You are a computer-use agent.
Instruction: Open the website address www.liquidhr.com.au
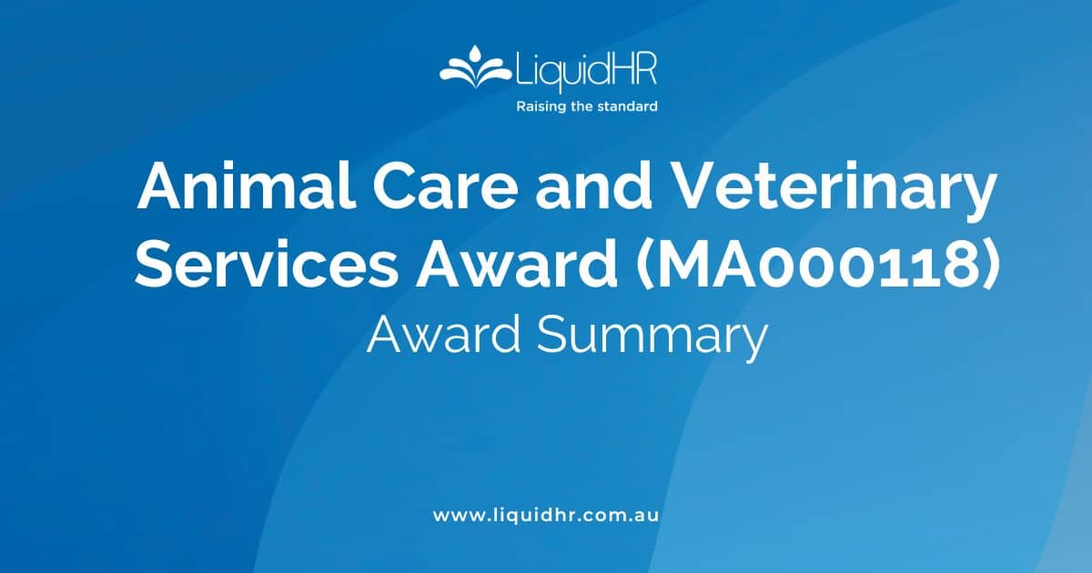[x=546, y=515]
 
